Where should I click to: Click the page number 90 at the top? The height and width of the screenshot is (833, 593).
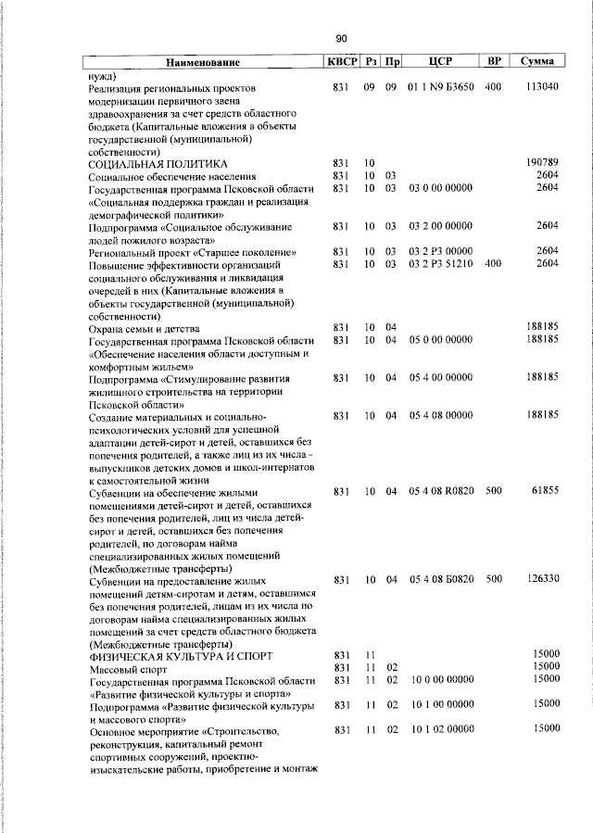pyautogui.click(x=341, y=38)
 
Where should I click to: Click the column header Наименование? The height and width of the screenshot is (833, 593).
pyautogui.click(x=203, y=63)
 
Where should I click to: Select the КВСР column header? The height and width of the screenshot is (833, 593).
pyautogui.click(x=339, y=62)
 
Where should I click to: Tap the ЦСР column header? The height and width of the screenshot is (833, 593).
pyautogui.click(x=440, y=62)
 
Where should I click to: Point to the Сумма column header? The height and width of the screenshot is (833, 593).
pyautogui.click(x=537, y=62)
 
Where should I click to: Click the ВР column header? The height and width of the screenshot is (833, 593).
pyautogui.click(x=494, y=62)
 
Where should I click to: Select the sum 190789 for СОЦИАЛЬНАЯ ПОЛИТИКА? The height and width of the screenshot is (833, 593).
pyautogui.click(x=541, y=163)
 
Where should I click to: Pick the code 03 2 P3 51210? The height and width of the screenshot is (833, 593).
pyautogui.click(x=441, y=264)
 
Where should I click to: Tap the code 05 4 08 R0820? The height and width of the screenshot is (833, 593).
pyautogui.click(x=441, y=490)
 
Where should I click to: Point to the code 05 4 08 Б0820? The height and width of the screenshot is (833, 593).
pyautogui.click(x=441, y=579)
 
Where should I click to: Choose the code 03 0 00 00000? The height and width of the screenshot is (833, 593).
pyautogui.click(x=441, y=188)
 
